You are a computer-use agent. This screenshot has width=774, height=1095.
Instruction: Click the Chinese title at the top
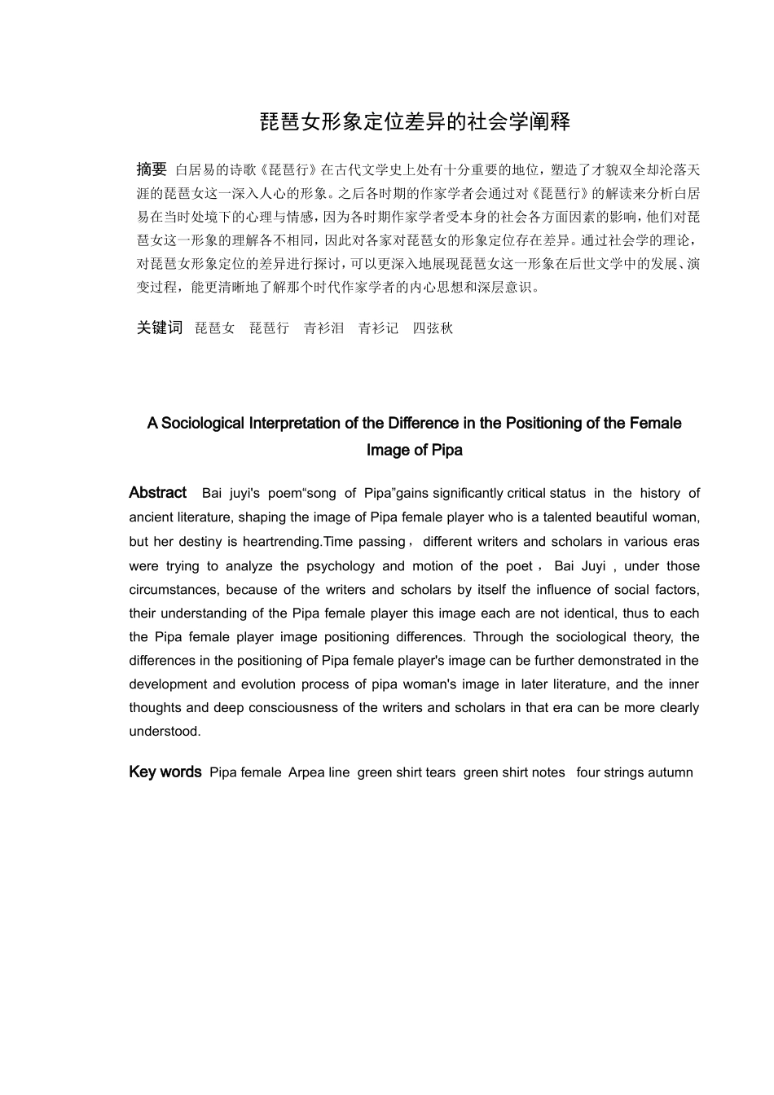(415, 122)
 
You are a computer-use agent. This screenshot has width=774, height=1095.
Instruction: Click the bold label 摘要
(152, 169)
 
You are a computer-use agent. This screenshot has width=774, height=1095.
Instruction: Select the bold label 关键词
(159, 328)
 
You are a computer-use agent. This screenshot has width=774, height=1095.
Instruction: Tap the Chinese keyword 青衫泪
(323, 328)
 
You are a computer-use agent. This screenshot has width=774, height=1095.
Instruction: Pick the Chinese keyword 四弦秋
(433, 328)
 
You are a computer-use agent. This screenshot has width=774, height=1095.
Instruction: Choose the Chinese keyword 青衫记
(378, 328)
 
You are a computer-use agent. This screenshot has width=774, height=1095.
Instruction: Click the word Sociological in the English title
(203, 424)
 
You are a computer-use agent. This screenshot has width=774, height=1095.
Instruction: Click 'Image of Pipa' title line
(414, 451)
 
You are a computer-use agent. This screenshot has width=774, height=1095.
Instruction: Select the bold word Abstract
(157, 493)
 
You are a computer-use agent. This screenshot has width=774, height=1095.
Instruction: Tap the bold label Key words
(165, 772)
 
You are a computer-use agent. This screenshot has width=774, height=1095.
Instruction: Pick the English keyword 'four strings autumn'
(634, 773)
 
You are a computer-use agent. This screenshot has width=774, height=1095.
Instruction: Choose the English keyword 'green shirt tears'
(407, 773)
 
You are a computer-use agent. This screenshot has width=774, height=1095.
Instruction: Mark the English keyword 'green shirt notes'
(514, 773)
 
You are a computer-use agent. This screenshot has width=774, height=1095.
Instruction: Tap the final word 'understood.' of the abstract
(165, 732)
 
